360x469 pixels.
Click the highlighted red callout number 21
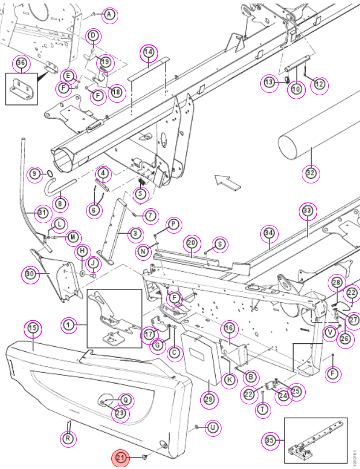(x=121, y=457)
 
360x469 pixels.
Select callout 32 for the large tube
(x=310, y=173)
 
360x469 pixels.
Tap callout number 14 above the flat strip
(x=149, y=52)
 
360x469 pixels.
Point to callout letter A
(x=109, y=14)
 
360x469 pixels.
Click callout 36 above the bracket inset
(x=21, y=63)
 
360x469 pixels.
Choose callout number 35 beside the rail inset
(x=270, y=440)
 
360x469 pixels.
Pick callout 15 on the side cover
(x=33, y=328)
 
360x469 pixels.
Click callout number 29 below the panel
(x=209, y=399)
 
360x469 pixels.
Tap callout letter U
(x=212, y=427)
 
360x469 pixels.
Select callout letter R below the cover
(x=68, y=439)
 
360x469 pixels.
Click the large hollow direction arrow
(x=228, y=183)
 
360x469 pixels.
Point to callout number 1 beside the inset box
(x=69, y=325)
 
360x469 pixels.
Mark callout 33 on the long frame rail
(x=307, y=211)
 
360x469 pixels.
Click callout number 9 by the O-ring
(x=35, y=174)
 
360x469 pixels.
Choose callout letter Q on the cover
(x=126, y=400)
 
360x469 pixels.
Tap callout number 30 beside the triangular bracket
(x=30, y=274)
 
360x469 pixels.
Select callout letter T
(x=262, y=409)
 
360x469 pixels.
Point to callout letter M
(x=73, y=238)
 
